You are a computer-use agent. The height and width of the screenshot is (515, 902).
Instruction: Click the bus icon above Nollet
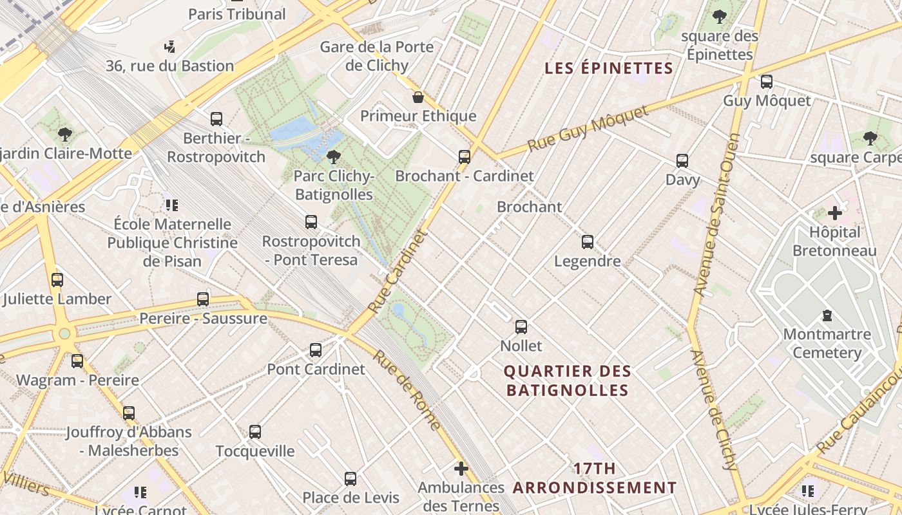(521, 326)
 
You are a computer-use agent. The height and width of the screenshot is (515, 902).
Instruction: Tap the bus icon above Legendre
(588, 242)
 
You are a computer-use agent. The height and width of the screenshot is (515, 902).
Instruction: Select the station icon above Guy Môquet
(767, 82)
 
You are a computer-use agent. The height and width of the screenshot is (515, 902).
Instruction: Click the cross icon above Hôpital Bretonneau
(835, 213)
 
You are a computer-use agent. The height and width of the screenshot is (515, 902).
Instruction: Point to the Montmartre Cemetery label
(827, 343)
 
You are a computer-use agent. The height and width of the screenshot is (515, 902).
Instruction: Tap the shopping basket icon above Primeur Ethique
(418, 97)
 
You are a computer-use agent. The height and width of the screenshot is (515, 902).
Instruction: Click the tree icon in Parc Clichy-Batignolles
(334, 156)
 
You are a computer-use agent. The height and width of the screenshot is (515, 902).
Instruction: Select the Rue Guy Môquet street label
(587, 129)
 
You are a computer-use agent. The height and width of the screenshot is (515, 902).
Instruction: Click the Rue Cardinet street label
(398, 273)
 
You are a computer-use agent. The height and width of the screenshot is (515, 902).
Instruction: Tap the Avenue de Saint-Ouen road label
(717, 214)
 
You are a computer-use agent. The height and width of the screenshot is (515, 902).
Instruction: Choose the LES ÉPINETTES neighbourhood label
(609, 68)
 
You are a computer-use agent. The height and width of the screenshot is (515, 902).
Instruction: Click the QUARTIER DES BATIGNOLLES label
(567, 380)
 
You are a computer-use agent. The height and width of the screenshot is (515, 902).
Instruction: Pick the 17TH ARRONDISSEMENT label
(595, 478)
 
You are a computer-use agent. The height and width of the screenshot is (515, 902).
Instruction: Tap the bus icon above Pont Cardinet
(316, 350)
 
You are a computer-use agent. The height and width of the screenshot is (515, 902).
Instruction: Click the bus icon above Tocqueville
(255, 432)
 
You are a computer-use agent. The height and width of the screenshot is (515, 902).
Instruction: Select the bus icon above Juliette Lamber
(57, 280)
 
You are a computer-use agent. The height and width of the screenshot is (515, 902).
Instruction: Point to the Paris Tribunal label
(237, 14)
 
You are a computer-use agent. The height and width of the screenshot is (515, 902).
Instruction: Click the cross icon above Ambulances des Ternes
(461, 469)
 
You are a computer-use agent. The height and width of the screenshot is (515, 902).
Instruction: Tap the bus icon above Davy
(682, 161)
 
